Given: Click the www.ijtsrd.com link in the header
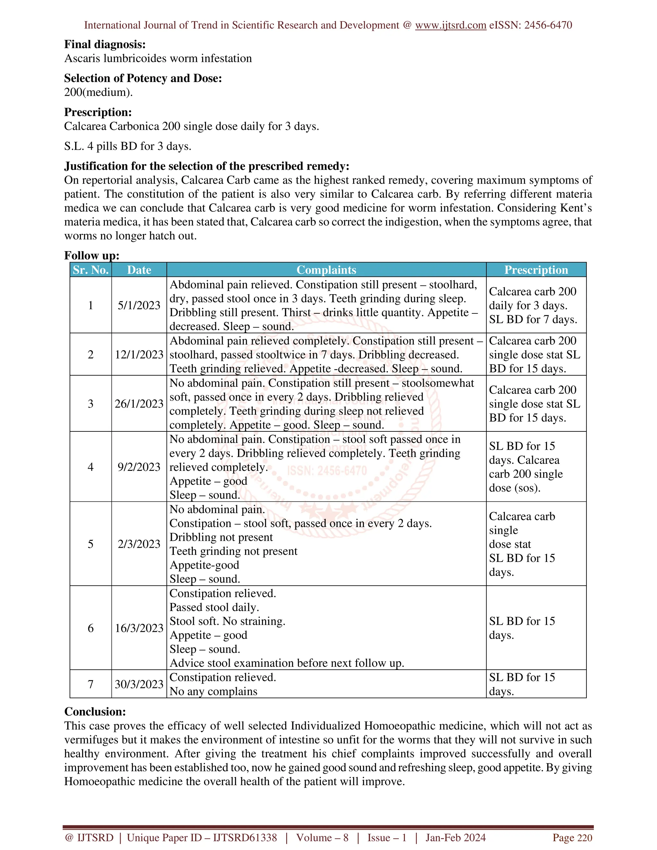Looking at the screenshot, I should pos(450,25).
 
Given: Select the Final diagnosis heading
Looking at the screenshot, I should pos(105,44).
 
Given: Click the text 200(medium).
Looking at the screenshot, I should pos(98,92).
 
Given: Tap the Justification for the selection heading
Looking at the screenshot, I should pos(207,166).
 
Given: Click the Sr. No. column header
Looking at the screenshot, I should pos(91,270).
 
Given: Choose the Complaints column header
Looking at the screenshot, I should pos(326,270).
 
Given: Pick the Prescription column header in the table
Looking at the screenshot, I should pos(536,270).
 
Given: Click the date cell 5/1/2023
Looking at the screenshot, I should pos(139,305).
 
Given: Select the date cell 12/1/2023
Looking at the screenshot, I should pos(139,354).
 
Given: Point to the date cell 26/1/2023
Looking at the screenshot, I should pos(139,404).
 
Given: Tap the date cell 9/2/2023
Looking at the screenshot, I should pos(139,467).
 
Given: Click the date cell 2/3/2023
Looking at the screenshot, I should pos(139,544).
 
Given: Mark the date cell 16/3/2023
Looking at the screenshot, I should pos(139,628).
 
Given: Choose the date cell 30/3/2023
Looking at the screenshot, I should pos(139,684).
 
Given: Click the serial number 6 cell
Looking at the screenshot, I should pos(91,628).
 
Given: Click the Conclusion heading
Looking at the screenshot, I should pos(95,711).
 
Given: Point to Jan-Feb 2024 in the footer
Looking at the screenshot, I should pos(456,837).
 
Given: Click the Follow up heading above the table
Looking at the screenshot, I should pos(91,256).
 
